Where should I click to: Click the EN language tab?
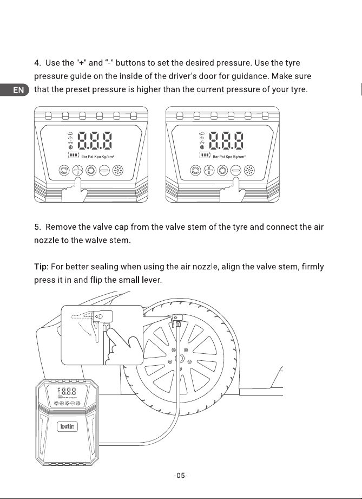tap(14, 90)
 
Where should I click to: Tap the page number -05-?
tap(181, 476)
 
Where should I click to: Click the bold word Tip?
tap(41, 267)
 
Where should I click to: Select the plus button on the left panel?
tap(77, 171)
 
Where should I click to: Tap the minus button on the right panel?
tap(235, 171)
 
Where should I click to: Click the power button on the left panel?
tap(91, 171)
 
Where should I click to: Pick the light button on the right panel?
tap(249, 171)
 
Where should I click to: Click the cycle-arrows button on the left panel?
tap(64, 171)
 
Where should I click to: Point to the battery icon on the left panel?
tap(73, 155)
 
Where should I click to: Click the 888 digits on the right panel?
tap(226, 140)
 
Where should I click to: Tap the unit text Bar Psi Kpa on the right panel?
tap(222, 157)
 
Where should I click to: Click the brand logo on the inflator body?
tap(68, 426)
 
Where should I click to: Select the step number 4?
tap(37, 63)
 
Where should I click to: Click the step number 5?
tap(37, 227)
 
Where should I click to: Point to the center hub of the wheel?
tap(180, 359)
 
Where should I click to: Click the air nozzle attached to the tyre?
tap(177, 320)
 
